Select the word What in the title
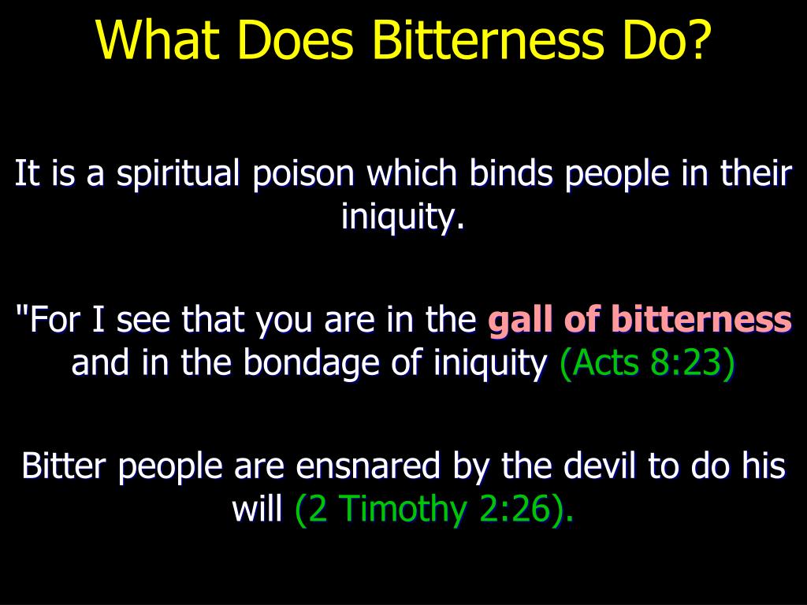[154, 41]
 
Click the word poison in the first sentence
[304, 175]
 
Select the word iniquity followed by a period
[402, 217]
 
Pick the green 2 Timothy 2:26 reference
[433, 510]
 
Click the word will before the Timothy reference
[256, 510]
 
